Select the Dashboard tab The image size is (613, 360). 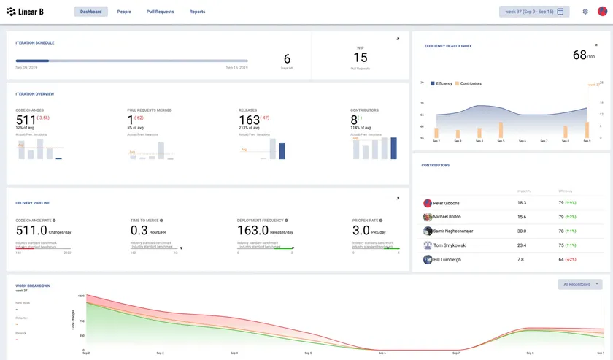pos(90,12)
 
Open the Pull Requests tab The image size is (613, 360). pos(160,12)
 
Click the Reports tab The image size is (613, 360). pos(197,12)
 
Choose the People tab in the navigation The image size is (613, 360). pos(124,12)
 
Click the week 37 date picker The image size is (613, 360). pos(534,12)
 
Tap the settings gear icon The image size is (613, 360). pos(585,12)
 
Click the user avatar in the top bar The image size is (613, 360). pos(602,12)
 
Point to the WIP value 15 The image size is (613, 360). pos(361,58)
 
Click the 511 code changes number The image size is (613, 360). pos(26,120)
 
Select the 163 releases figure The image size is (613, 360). pos(249,120)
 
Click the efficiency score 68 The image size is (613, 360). pos(579,55)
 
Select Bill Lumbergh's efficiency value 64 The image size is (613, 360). pos(561,259)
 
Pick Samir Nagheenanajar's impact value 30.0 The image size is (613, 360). pos(521,231)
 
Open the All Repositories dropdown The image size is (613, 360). pos(580,284)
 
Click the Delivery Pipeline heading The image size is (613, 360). pos(33,203)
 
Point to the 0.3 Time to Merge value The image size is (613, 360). pos(139,231)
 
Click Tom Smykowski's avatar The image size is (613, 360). pos(428,245)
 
